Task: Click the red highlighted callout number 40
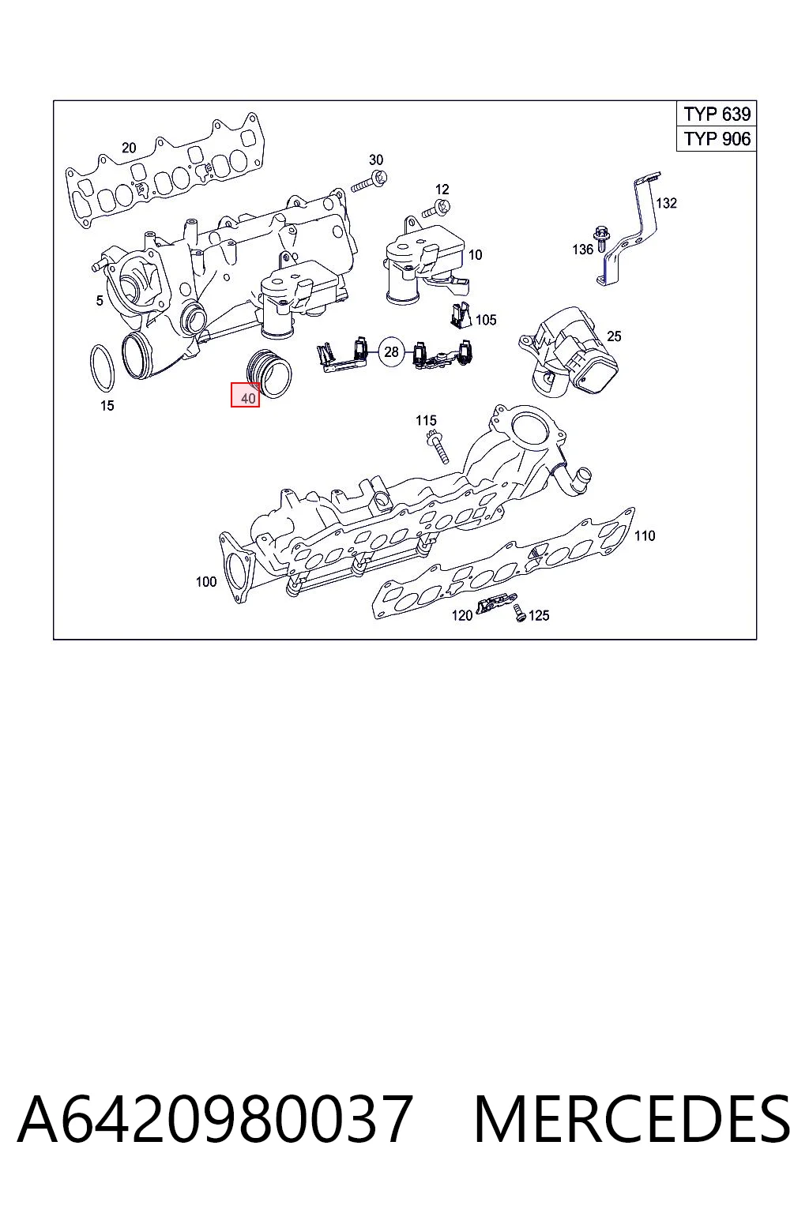pos(246,395)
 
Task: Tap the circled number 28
pos(391,352)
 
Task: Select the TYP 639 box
pos(717,114)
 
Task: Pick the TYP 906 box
pos(717,139)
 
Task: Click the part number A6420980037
pos(215,1120)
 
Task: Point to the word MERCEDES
pos(632,1120)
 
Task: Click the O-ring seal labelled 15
pos(102,368)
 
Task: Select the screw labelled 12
pos(437,208)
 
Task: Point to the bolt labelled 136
pos(600,239)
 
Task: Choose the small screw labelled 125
pos(520,613)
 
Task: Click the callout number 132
pos(666,203)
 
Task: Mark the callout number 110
pos(644,535)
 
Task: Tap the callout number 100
pos(206,581)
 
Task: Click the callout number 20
pos(129,148)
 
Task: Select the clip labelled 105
pos(459,316)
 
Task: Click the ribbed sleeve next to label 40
pos(269,374)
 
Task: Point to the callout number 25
pos(613,336)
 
